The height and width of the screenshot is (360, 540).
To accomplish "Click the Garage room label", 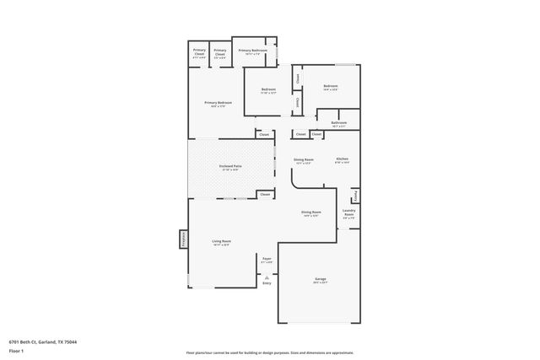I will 320,279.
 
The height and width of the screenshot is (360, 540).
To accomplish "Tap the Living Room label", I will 221,243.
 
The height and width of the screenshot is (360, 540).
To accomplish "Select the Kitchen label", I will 342,159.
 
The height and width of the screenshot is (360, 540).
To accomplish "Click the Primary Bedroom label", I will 219,104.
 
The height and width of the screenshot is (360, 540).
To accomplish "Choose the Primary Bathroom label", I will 253,51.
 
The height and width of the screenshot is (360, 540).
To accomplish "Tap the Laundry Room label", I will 348,213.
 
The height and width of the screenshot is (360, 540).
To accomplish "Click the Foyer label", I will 267,260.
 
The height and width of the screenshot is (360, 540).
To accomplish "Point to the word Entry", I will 267,284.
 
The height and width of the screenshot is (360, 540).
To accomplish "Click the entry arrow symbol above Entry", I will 267,277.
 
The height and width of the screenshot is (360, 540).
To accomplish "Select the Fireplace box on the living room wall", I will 181,239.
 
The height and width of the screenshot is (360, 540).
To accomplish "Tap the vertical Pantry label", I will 356,196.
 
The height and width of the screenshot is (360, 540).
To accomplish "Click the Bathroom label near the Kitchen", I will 338,124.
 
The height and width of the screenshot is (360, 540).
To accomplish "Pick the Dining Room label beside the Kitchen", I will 303,160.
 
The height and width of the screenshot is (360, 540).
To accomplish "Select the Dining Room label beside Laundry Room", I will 311,213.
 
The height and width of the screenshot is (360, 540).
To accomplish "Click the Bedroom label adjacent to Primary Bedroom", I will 268,90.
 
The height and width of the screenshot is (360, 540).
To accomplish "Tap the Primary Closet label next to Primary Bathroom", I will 219,52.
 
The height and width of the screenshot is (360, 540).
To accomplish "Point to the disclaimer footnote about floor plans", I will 269,352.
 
